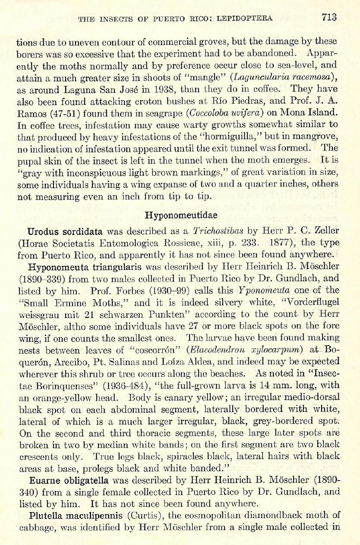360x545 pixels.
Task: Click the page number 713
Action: pyautogui.click(x=328, y=17)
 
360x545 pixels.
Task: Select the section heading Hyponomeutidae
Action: pyautogui.click(x=180, y=215)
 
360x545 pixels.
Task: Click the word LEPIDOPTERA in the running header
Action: pyautogui.click(x=245, y=18)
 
